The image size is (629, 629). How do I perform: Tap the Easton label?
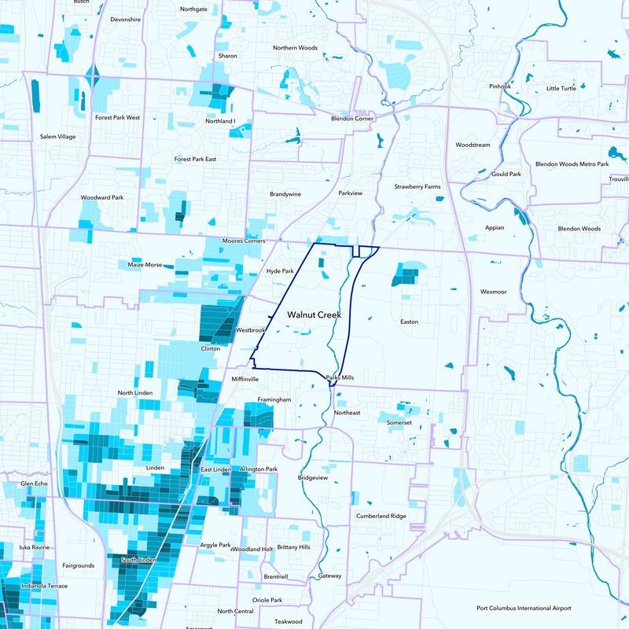pyautogui.click(x=409, y=322)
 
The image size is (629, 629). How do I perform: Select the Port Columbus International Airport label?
pyautogui.click(x=524, y=608)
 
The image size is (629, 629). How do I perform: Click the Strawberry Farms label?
pyautogui.click(x=417, y=186)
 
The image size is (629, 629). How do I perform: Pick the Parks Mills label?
pyautogui.click(x=340, y=377)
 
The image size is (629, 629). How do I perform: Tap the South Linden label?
pyautogui.click(x=138, y=560)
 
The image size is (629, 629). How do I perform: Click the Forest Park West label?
pyautogui.click(x=117, y=117)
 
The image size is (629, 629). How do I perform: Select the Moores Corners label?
pyautogui.click(x=244, y=241)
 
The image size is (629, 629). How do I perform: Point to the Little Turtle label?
pyautogui.click(x=561, y=88)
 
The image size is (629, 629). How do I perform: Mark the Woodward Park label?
pyautogui.click(x=102, y=197)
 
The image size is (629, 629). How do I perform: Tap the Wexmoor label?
pyautogui.click(x=494, y=292)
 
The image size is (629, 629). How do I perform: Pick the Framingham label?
pyautogui.click(x=274, y=399)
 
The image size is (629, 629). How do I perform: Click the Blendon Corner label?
pyautogui.click(x=351, y=118)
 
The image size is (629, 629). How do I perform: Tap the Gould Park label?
pyautogui.click(x=506, y=174)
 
